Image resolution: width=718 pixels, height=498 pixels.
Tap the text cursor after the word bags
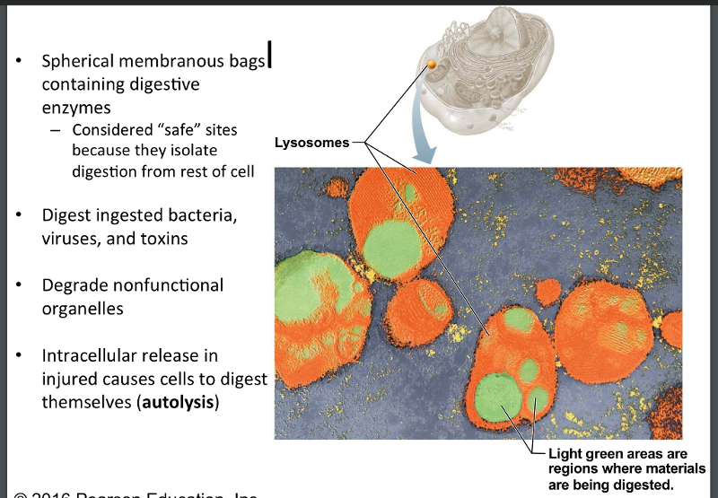tap(269, 59)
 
